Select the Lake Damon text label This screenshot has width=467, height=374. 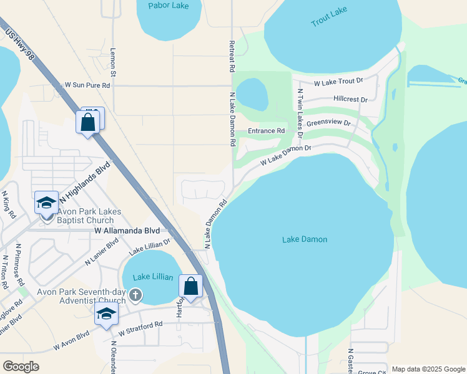[x=305, y=239]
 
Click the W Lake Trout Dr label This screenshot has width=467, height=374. [x=338, y=82]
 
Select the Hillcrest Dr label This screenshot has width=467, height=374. [x=350, y=99]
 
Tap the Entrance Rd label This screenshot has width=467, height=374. [x=266, y=131]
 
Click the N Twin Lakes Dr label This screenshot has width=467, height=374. [x=300, y=113]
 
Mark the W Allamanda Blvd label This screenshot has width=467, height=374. [x=127, y=230]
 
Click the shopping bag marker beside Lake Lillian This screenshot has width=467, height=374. [x=191, y=287]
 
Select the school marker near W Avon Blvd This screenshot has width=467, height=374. [x=107, y=315]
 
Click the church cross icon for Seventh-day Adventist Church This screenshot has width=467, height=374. [x=135, y=294]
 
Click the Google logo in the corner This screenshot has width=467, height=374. [x=21, y=367]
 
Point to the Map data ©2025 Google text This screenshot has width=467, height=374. [x=428, y=369]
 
